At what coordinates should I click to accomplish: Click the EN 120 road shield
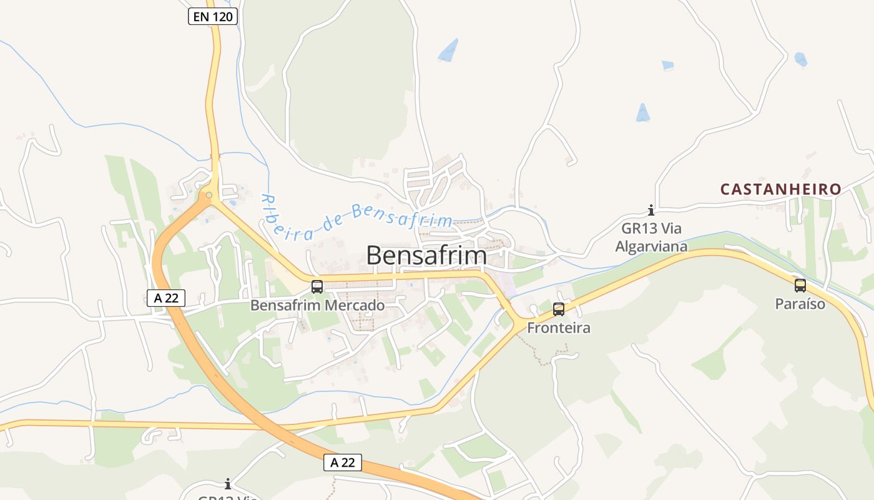[213, 17]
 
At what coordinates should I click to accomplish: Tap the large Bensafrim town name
[426, 256]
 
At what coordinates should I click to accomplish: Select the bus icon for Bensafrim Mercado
[317, 287]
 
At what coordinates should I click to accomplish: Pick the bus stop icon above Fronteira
[559, 309]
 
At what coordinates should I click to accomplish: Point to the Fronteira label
[559, 327]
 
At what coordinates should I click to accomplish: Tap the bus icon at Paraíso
[800, 286]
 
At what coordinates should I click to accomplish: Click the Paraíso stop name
[800, 304]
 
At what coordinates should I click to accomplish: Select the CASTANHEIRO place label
[781, 189]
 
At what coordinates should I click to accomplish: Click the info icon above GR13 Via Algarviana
[651, 210]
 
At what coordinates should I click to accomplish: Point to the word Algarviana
[651, 246]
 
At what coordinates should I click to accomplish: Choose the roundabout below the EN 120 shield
[209, 196]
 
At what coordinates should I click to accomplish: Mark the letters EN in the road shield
[201, 17]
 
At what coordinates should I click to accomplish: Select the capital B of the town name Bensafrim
[373, 256]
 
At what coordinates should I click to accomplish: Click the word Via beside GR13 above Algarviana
[670, 229]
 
